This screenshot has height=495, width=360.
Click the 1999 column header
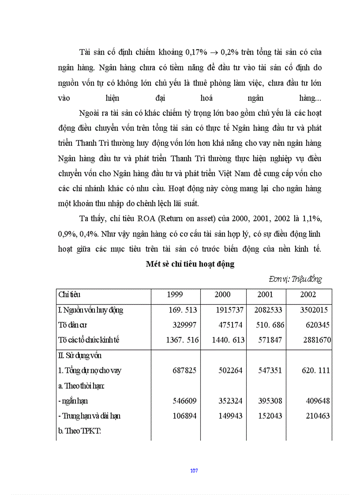(x=175, y=294)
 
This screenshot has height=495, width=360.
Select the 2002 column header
(x=308, y=294)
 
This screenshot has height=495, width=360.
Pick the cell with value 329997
(x=182, y=325)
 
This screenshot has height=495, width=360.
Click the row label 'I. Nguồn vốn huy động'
(x=90, y=310)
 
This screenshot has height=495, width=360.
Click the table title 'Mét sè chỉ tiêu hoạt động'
(x=190, y=264)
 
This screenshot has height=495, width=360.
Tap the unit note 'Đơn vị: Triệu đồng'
(x=295, y=279)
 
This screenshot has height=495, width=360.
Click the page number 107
(x=194, y=471)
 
